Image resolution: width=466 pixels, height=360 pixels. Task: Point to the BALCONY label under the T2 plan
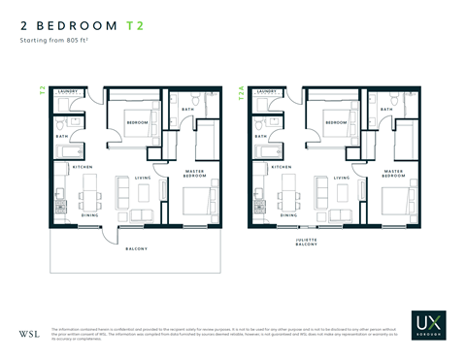pyautogui.click(x=135, y=249)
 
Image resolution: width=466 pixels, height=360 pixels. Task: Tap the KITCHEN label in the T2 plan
pyautogui.click(x=83, y=167)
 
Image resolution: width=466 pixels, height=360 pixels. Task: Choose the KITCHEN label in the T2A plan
pyautogui.click(x=282, y=167)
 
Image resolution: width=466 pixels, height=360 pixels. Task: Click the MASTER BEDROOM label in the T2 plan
pyautogui.click(x=195, y=174)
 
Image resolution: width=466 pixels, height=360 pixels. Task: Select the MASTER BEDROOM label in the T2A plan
pyautogui.click(x=393, y=174)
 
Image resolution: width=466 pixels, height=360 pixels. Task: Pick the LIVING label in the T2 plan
pyautogui.click(x=143, y=178)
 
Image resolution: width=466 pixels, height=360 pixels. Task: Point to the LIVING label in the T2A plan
pyautogui.click(x=341, y=178)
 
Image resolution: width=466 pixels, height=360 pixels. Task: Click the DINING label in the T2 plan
pyautogui.click(x=90, y=214)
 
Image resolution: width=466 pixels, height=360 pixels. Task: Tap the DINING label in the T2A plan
pyautogui.click(x=288, y=214)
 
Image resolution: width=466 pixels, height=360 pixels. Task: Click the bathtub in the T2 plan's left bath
pyautogui.click(x=67, y=150)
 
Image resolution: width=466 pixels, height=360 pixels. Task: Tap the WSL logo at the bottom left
pyautogui.click(x=29, y=334)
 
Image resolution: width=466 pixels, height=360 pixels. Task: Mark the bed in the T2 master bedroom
pyautogui.click(x=199, y=204)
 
